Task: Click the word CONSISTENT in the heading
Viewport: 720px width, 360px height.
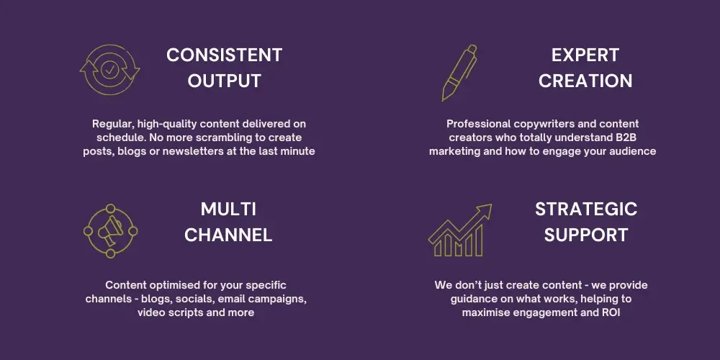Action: pyautogui.click(x=224, y=55)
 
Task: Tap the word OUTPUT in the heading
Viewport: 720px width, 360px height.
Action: pyautogui.click(x=224, y=81)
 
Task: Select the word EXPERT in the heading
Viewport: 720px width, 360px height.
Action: pyautogui.click(x=585, y=55)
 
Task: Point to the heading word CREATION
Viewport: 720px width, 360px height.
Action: pyautogui.click(x=585, y=81)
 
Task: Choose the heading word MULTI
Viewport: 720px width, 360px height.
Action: pyautogui.click(x=228, y=210)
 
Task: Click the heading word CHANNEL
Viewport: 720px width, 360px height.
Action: pyautogui.click(x=228, y=235)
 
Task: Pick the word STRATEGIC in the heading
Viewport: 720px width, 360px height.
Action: pyautogui.click(x=586, y=210)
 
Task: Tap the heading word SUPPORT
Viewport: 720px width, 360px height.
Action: pyautogui.click(x=586, y=235)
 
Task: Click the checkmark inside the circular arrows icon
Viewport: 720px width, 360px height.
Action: pyautogui.click(x=109, y=71)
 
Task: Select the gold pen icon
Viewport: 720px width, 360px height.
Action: pyautogui.click(x=459, y=73)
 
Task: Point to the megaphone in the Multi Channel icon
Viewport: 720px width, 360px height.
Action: pyautogui.click(x=111, y=230)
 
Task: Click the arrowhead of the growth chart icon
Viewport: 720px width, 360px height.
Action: pyautogui.click(x=485, y=210)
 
